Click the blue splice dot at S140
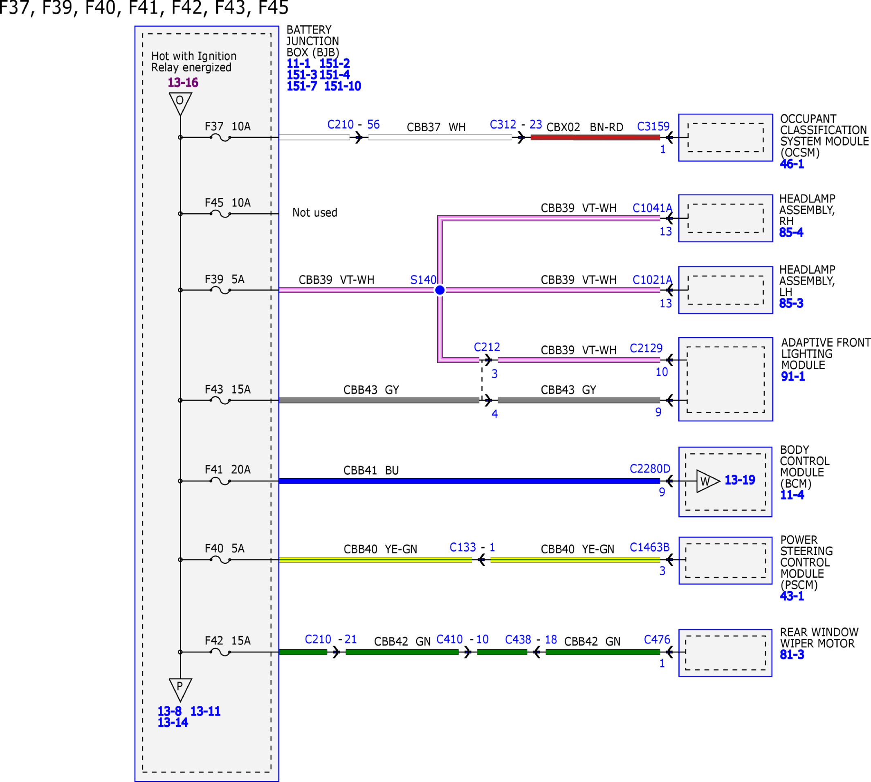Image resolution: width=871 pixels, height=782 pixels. click(440, 290)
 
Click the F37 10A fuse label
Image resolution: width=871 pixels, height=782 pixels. click(227, 126)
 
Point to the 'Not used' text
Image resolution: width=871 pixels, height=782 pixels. click(314, 212)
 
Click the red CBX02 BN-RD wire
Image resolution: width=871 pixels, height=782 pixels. click(595, 137)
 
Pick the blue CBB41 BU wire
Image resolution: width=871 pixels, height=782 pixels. click(469, 481)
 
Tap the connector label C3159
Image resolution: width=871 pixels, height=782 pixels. click(653, 126)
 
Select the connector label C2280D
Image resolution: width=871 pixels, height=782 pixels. click(650, 468)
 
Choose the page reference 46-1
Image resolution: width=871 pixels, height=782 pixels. click(792, 164)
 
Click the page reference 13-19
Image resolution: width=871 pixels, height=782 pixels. click(740, 480)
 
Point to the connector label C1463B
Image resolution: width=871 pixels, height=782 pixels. click(649, 547)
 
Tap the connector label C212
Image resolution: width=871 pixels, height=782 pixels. click(487, 347)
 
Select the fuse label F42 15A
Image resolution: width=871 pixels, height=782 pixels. click(227, 640)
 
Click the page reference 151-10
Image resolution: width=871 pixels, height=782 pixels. click(342, 86)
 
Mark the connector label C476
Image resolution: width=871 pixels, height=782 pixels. click(657, 639)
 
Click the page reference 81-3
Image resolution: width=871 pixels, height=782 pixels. click(792, 654)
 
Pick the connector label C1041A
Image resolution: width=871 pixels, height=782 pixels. click(652, 208)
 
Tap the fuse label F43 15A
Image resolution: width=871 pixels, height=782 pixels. click(227, 389)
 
